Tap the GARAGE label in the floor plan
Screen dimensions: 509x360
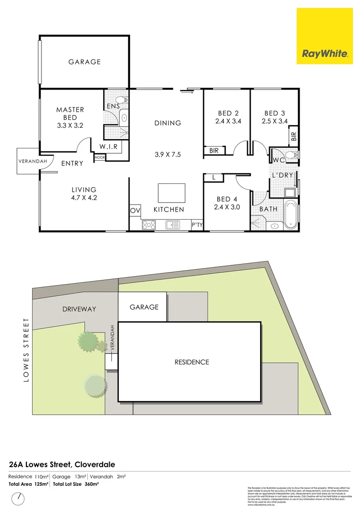point(84,62)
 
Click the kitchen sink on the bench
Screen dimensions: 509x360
point(170,225)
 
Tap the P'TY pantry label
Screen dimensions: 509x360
point(197,225)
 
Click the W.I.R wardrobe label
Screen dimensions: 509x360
point(108,147)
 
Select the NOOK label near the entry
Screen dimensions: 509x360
point(100,157)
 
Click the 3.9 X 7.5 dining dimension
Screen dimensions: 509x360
point(168,155)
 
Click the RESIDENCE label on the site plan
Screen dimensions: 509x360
point(191,362)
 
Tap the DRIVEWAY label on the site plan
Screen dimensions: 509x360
point(79,309)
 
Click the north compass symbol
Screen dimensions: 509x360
point(19,498)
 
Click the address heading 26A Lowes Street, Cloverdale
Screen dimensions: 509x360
point(62,464)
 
